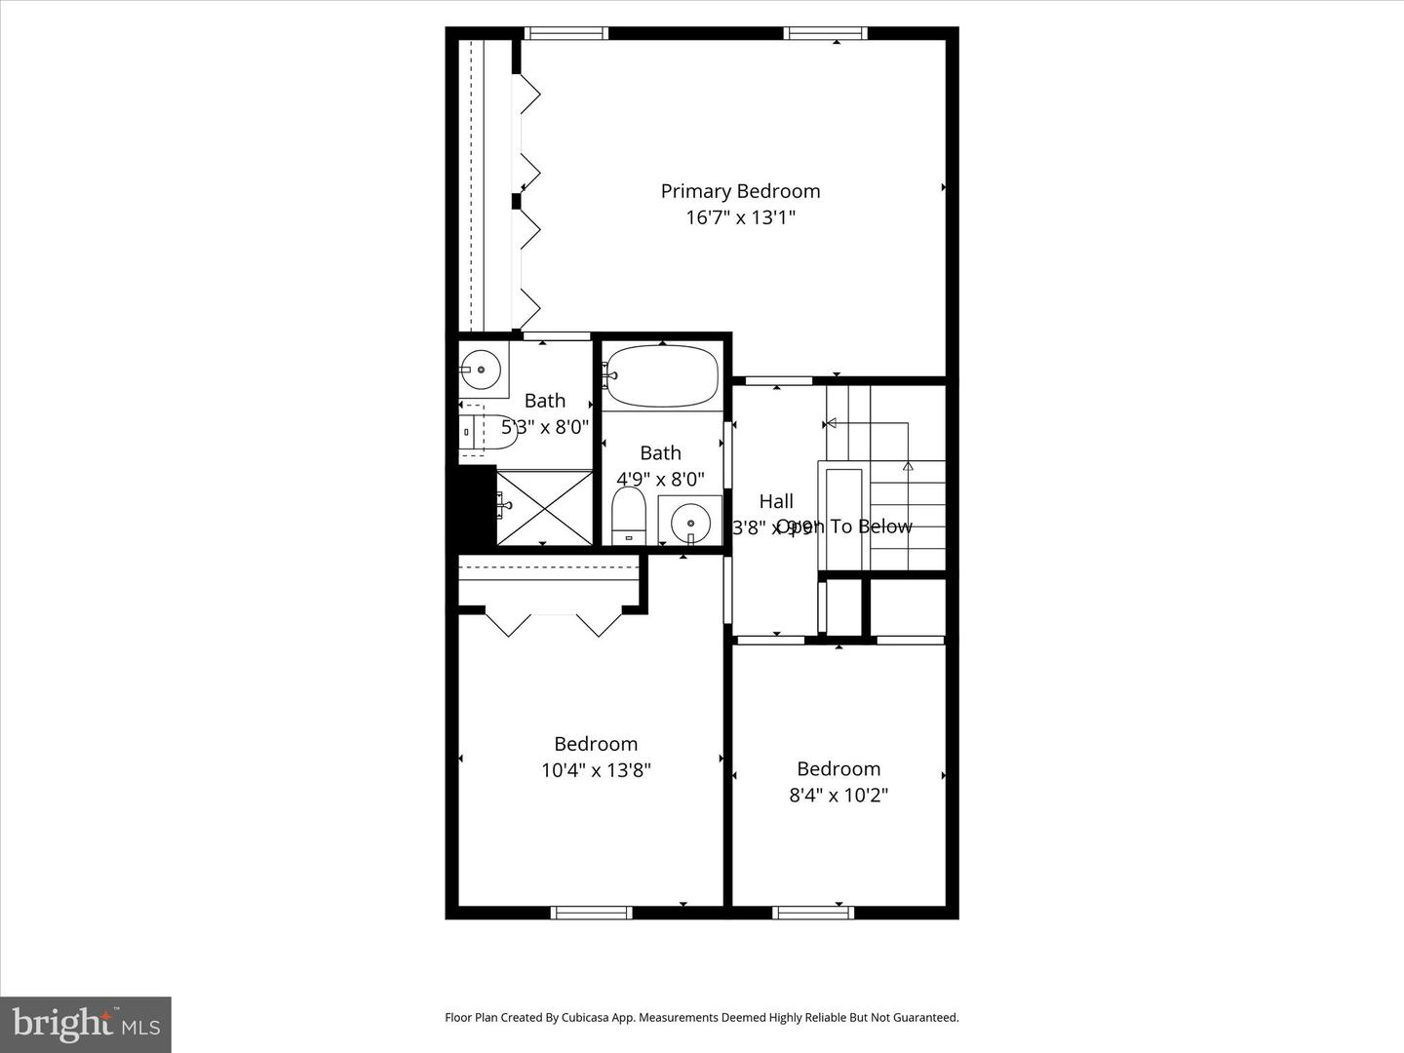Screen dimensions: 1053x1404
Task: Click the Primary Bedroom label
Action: pos(740,191)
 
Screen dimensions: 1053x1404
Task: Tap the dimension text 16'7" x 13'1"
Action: pos(740,217)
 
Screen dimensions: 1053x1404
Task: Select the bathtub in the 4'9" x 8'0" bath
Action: pos(662,375)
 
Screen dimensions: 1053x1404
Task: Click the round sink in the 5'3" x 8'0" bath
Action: pos(480,370)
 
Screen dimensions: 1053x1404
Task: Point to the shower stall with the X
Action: pos(544,507)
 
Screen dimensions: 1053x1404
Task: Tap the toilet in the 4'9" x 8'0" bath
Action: pos(629,515)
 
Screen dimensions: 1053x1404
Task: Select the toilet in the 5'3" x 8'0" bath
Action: pos(487,430)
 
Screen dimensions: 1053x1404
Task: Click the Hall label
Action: pos(776,501)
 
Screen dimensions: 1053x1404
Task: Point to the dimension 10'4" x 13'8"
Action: pos(596,770)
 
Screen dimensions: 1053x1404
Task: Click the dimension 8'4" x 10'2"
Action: pos(838,796)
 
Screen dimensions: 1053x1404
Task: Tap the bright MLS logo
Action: pos(85,1024)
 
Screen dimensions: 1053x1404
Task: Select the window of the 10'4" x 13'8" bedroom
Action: pos(592,913)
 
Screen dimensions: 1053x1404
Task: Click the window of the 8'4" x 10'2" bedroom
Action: pos(813,913)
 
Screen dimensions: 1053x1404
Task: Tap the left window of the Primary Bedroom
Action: pos(566,34)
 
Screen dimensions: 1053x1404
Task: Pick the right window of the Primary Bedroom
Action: pos(826,34)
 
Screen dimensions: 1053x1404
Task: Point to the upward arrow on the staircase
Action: pos(908,467)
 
